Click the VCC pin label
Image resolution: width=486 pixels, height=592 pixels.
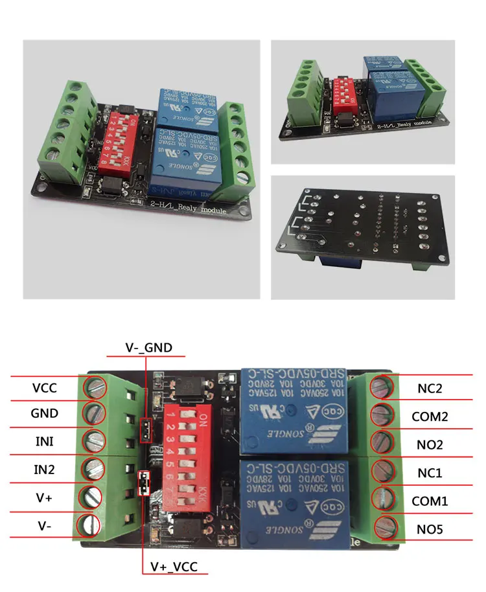[45, 388]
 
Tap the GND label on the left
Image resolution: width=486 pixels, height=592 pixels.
[45, 413]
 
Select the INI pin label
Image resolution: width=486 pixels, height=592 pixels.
[45, 442]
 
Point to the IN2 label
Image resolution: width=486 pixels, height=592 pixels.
[45, 469]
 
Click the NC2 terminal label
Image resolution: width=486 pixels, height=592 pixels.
[430, 389]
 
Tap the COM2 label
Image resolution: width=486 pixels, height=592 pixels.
[430, 416]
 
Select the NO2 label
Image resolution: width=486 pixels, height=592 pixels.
[430, 444]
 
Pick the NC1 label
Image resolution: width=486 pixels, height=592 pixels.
[430, 473]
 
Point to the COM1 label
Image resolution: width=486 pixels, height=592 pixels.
[430, 501]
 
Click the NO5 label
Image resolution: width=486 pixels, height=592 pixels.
[430, 530]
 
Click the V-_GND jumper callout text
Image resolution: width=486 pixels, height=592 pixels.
[149, 348]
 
